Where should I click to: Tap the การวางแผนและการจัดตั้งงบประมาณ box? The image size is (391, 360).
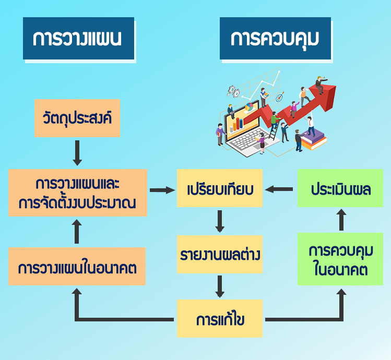point(77,193)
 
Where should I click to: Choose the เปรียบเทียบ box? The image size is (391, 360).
point(220,189)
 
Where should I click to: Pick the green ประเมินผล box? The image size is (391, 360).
point(340,189)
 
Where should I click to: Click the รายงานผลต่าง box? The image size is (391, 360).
point(220,255)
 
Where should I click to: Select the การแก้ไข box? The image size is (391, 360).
point(220,319)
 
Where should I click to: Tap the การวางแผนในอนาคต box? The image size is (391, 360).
point(77,267)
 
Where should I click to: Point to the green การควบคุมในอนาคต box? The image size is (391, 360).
point(340,259)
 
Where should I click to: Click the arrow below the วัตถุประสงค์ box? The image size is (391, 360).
point(77,152)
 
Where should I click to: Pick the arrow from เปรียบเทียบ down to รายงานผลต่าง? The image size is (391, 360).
point(220,221)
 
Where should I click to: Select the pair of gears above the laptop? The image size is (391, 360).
point(233,91)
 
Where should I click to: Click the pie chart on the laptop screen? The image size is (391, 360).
point(249,107)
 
